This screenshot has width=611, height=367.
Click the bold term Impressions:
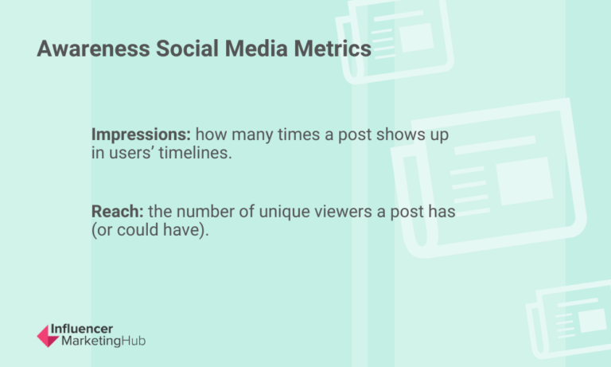pyautogui.click(x=141, y=135)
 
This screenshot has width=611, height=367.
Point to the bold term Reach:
pyautogui.click(x=116, y=213)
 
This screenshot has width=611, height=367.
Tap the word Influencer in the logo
pyautogui.click(x=81, y=329)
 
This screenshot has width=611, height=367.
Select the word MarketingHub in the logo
pyautogui.click(x=97, y=342)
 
